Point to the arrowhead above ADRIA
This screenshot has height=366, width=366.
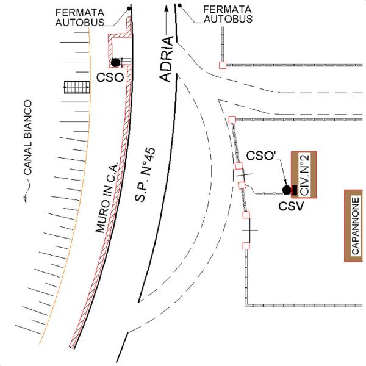click(165, 10)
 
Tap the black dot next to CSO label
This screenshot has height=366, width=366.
click(115, 62)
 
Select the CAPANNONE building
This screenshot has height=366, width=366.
click(356, 226)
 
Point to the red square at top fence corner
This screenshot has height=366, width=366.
click(223, 64)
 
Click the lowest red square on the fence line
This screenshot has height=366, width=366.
click(246, 245)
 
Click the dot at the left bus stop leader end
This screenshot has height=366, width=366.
click(128, 8)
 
